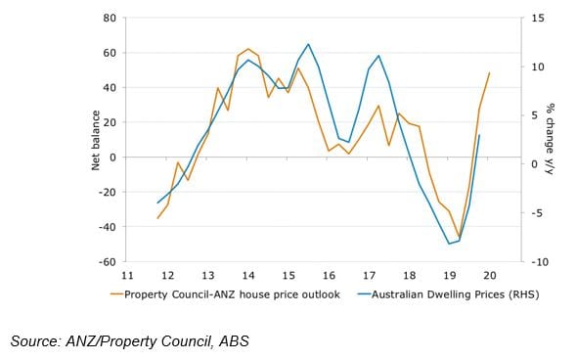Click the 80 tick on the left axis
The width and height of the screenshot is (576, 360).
click(111, 19)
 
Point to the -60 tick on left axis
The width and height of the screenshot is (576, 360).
click(109, 262)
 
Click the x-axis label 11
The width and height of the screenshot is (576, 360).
click(127, 277)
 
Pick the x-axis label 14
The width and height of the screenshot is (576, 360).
click(248, 277)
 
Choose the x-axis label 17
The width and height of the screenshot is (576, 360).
click(369, 277)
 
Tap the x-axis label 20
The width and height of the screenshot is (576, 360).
click(489, 277)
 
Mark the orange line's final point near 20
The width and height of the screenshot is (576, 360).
click(489, 73)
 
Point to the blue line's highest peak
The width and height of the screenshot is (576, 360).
click(308, 44)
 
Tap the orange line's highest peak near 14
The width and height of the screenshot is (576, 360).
click(248, 49)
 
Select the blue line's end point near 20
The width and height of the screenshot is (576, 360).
click(479, 135)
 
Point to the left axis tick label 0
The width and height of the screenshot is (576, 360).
click(113, 157)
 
